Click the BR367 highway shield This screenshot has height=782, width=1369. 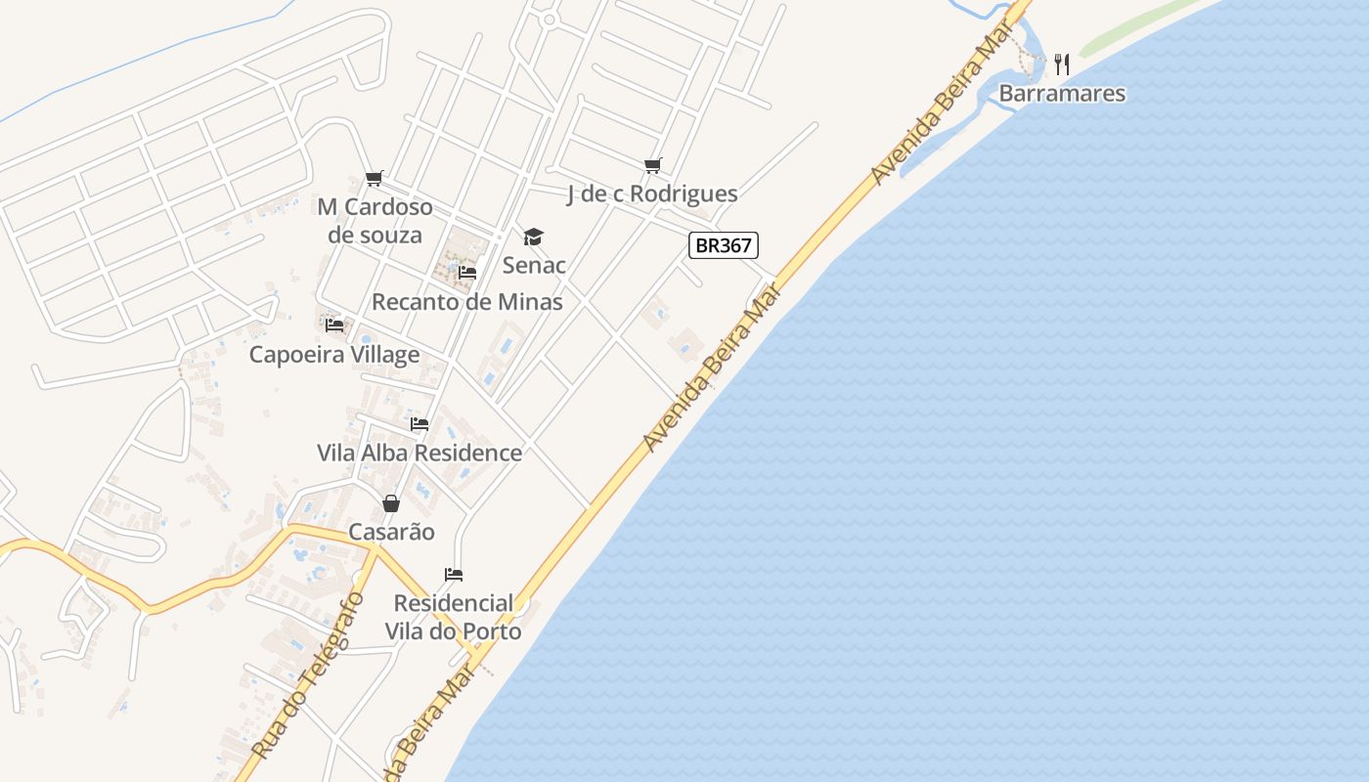point(724,245)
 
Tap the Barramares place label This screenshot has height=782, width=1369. point(1062,94)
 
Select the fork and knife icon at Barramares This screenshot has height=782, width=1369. point(1063,65)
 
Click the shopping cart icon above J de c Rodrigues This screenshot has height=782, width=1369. point(652,165)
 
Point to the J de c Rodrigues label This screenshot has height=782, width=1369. point(652,195)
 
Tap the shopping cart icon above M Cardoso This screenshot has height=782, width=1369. point(375,178)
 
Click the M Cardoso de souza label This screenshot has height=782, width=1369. point(375,221)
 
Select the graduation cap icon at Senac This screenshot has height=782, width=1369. point(533,237)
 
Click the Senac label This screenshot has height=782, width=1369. point(534,265)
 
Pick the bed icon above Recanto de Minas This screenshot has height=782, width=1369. point(467,273)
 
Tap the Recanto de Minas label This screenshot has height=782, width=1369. point(467,302)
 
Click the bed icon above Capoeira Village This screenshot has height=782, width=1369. point(334,325)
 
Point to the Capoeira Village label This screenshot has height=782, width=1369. point(334,355)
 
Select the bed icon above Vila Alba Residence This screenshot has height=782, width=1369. point(420,424)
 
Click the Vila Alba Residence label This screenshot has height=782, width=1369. point(420,454)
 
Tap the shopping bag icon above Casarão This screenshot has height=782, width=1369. point(391,503)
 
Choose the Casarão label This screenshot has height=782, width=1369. point(392,533)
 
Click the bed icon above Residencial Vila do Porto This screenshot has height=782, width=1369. point(453,574)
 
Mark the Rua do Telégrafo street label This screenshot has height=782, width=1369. point(307,675)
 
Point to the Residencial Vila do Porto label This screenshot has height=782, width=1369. point(453,617)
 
